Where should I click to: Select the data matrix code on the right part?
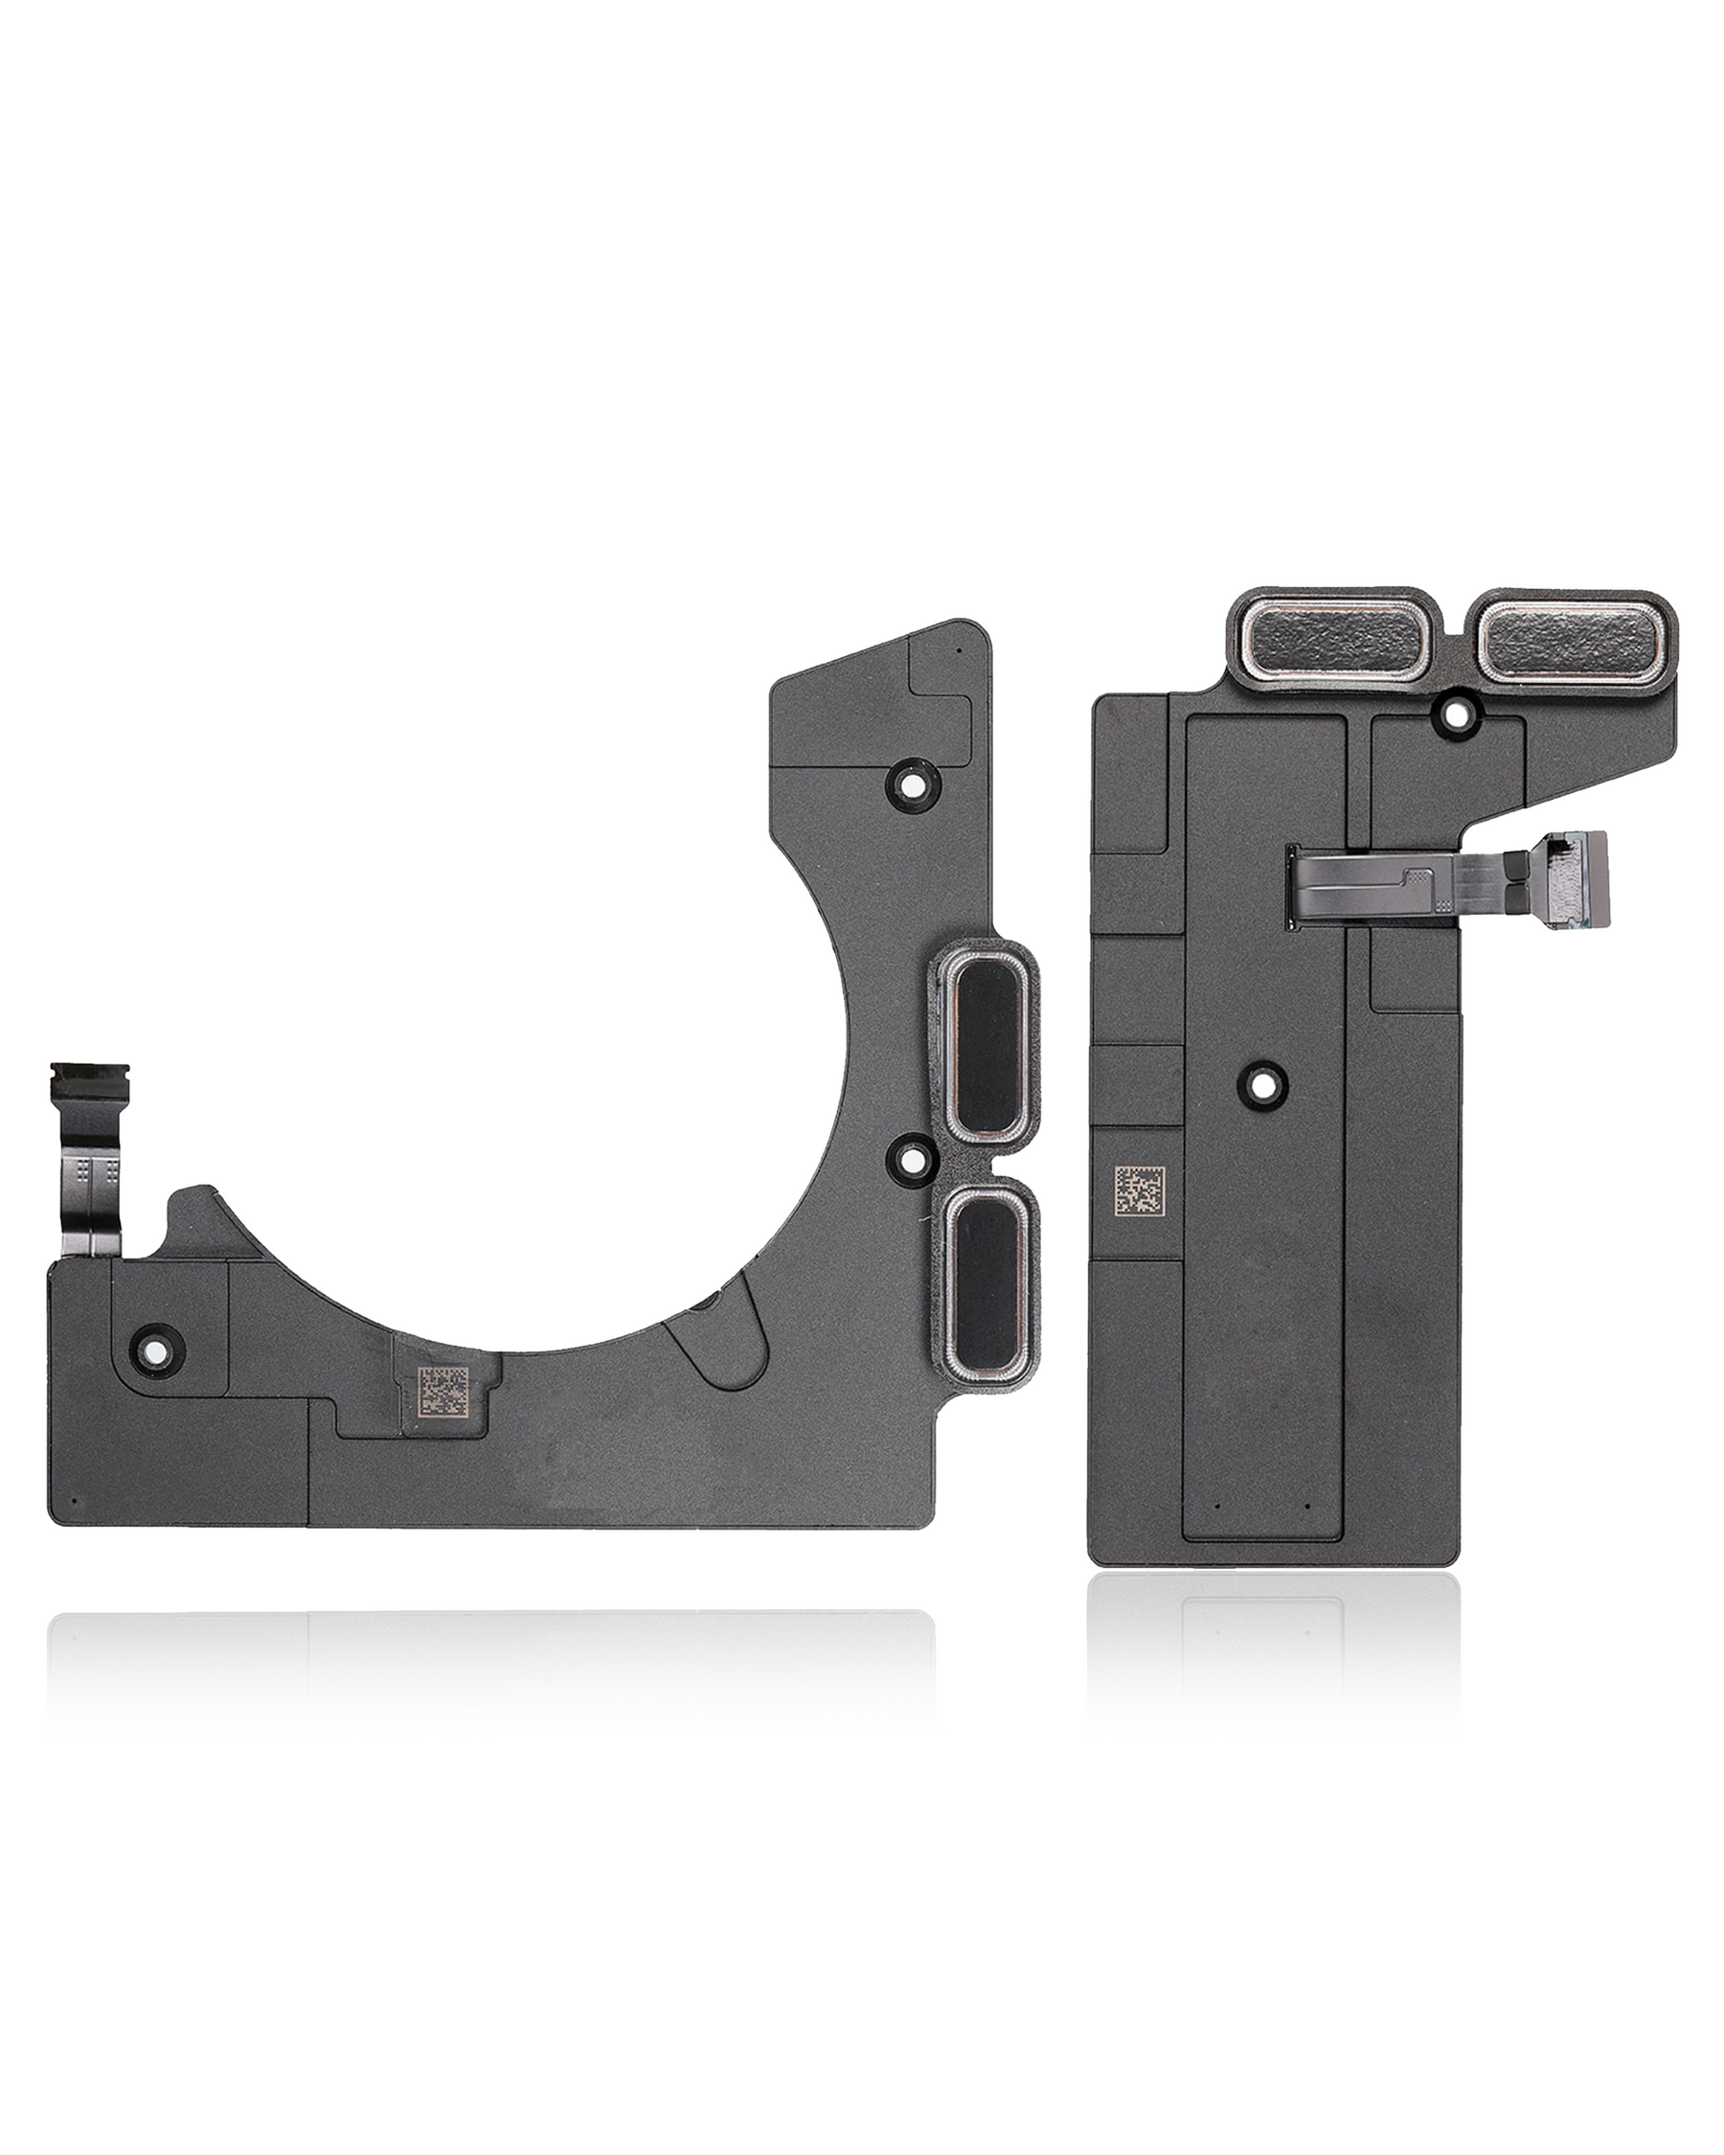(1143, 1191)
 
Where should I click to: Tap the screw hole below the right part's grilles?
(1455, 713)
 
